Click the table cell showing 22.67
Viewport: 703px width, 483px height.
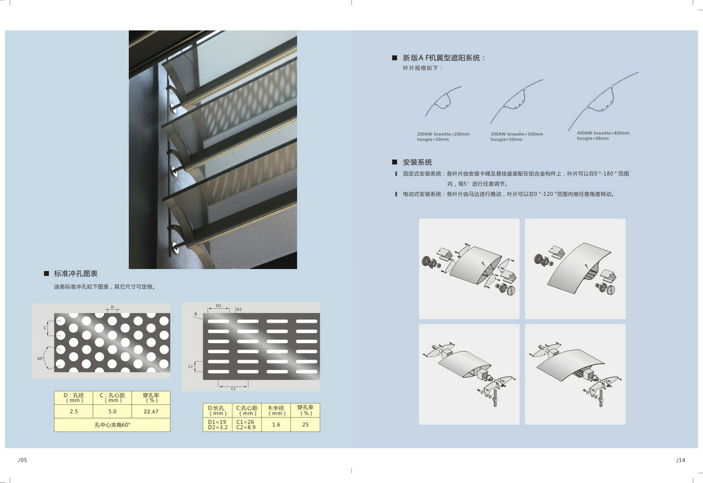click(x=151, y=411)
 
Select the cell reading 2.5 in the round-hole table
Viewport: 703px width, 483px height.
click(x=73, y=411)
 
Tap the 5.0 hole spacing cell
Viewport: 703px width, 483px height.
click(x=112, y=411)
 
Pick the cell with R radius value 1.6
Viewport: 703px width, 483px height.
click(x=276, y=425)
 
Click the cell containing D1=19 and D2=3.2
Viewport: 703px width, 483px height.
click(x=218, y=425)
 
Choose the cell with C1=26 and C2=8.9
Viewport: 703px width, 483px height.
click(x=247, y=425)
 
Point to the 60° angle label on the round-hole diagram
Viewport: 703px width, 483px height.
click(x=40, y=359)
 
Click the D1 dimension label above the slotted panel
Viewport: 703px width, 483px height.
click(x=219, y=306)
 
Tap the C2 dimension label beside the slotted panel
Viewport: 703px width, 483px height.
click(x=191, y=366)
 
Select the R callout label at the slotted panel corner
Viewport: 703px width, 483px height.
click(x=196, y=314)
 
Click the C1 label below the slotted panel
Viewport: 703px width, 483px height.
click(x=233, y=389)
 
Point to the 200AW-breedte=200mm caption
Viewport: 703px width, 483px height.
click(x=443, y=134)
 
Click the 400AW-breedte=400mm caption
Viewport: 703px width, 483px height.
click(x=603, y=133)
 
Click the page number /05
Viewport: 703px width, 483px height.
click(x=23, y=460)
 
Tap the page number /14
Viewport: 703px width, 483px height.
click(x=681, y=460)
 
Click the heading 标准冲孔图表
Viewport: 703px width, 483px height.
click(x=75, y=274)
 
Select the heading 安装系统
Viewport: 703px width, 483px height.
click(x=418, y=162)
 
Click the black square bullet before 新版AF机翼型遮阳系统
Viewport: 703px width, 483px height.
click(x=394, y=58)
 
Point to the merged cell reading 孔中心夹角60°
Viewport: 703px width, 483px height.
click(x=112, y=425)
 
